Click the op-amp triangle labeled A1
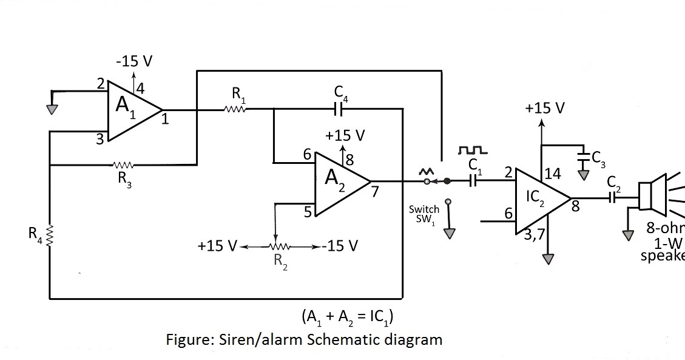click(130, 110)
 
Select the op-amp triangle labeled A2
click(337, 182)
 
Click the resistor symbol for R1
click(235, 110)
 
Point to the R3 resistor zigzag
click(123, 165)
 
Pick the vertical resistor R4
click(50, 234)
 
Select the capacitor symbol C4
click(339, 109)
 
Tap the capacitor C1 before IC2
click(474, 181)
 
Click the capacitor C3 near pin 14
click(584, 157)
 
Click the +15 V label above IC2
click(545, 109)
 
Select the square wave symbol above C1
click(473, 149)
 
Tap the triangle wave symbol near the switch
click(426, 172)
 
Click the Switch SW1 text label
click(423, 214)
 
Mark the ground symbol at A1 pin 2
click(54, 108)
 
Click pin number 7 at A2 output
click(375, 192)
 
